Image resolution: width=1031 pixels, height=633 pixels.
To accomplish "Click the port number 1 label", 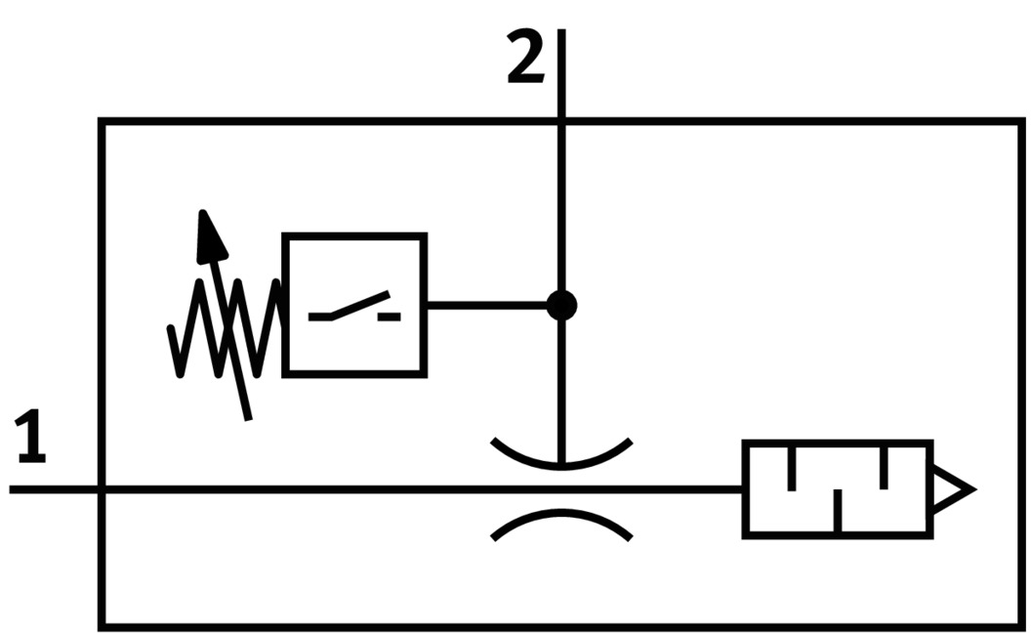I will (32, 440).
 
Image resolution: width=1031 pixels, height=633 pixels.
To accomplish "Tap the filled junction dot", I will (560, 306).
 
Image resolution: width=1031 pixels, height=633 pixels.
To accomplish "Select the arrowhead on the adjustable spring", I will (206, 237).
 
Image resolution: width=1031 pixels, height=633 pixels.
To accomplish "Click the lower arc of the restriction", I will (560, 520).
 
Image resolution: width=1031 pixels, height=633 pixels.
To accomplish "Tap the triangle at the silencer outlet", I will (952, 489).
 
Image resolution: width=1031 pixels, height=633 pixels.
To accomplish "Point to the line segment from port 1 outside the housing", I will (54, 488).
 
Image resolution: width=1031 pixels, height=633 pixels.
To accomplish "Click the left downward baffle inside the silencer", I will (792, 465).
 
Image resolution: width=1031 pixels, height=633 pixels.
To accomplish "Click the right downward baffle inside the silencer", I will (884, 465).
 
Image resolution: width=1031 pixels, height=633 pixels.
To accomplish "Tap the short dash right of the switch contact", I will (390, 316).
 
